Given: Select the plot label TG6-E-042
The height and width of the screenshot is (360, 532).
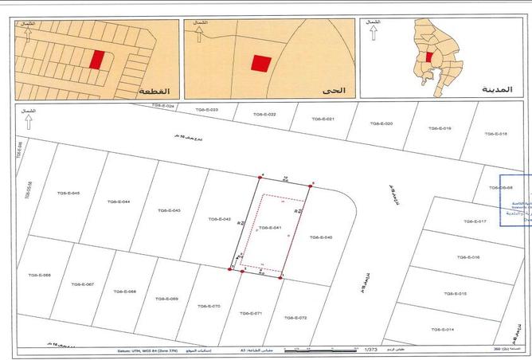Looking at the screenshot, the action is [218, 218].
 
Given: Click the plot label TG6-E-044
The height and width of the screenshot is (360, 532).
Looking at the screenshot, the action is [118, 202].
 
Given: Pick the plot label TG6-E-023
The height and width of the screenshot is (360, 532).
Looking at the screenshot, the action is [206, 109].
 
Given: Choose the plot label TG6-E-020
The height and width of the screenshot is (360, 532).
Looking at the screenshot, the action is [381, 123].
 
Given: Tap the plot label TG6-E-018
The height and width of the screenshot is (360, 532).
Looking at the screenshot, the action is [495, 134].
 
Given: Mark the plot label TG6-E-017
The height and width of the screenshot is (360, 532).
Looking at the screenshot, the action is [473, 221].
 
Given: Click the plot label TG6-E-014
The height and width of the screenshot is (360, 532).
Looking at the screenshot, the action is [440, 329].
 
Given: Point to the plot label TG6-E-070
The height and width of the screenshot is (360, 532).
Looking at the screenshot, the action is [208, 306].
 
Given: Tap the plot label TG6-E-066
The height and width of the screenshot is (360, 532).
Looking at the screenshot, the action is [41, 275].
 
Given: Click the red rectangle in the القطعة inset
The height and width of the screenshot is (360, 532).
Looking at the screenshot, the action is [97, 60].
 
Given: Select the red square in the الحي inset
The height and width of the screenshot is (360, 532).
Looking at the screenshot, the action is [261, 64].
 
